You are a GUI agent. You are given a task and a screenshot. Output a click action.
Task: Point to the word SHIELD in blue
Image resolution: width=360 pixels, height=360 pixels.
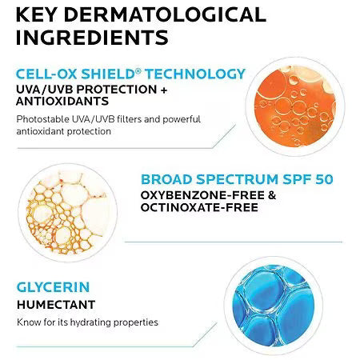click(x=108, y=74)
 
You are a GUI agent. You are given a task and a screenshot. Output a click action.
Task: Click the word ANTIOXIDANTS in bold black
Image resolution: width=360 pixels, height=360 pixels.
click(x=65, y=102)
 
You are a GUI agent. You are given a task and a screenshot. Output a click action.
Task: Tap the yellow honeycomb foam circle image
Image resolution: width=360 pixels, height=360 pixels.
click(x=65, y=210)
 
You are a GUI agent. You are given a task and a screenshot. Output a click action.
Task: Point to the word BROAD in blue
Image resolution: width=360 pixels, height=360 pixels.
click(x=168, y=178)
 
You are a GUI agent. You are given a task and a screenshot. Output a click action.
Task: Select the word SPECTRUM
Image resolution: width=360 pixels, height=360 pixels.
click(x=242, y=178)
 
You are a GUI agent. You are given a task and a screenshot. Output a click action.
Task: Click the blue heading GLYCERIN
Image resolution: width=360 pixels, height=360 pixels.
click(x=52, y=286)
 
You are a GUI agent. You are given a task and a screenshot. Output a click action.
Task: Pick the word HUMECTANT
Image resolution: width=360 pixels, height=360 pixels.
click(x=56, y=304)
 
